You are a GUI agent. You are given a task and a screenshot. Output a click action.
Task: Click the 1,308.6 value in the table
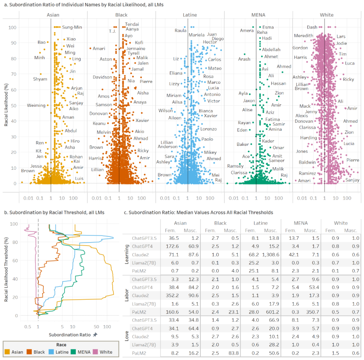click(x=270, y=255)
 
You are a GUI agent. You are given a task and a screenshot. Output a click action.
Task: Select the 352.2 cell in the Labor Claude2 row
click(x=172, y=295)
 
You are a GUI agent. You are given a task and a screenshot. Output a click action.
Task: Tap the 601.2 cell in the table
click(x=273, y=312)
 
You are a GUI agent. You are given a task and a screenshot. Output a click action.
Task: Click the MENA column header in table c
click(x=301, y=223)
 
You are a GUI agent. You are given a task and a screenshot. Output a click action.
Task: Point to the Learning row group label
click(x=127, y=254)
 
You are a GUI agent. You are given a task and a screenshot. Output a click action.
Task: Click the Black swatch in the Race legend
click(x=29, y=352)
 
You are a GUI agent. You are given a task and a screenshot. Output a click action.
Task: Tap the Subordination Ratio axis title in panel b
click(x=70, y=335)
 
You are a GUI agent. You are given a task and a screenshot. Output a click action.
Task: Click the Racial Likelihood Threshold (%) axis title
click(x=6, y=269)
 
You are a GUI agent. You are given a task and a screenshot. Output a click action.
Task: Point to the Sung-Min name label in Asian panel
click(x=72, y=27)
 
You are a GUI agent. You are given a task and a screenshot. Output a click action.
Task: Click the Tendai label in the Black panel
click(x=132, y=24)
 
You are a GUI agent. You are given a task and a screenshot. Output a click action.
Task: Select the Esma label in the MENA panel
click(x=268, y=27)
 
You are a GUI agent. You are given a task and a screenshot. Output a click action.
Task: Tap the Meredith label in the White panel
click(x=304, y=36)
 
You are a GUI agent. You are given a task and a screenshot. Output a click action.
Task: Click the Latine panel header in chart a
click(x=190, y=15)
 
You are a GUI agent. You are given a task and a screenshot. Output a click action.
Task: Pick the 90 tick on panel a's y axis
click(x=14, y=43)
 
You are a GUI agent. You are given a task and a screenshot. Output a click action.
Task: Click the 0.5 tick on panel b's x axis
click(x=28, y=326)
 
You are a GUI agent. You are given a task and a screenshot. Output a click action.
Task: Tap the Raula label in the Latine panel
click(x=181, y=31)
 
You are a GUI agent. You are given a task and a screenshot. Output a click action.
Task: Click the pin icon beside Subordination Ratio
click(x=95, y=334)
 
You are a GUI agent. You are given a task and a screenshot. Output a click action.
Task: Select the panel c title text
click(x=198, y=212)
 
